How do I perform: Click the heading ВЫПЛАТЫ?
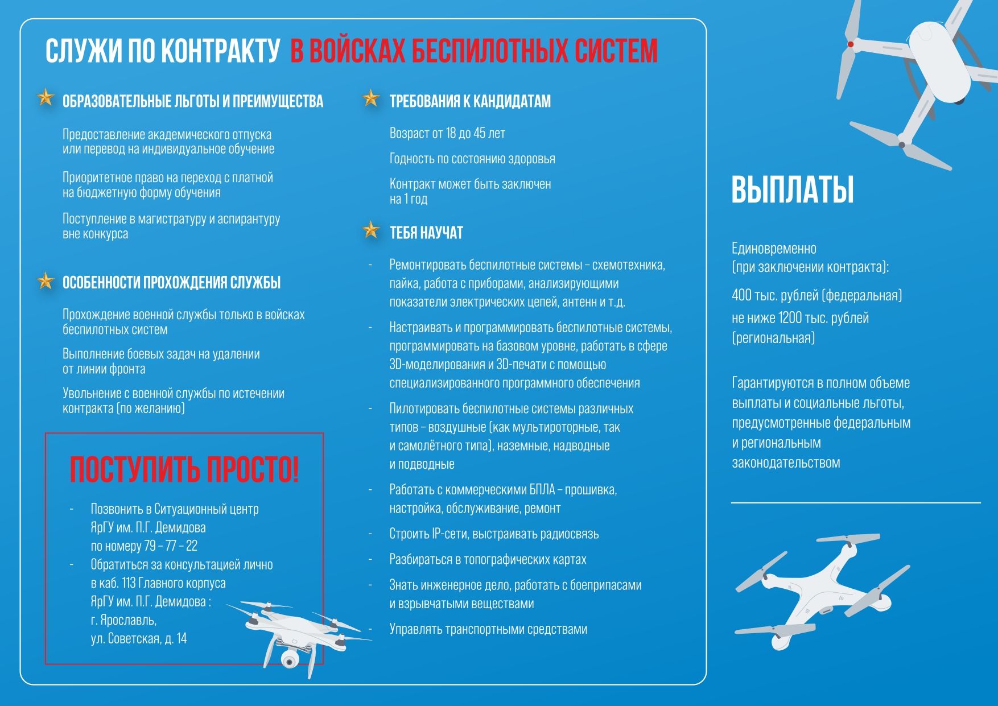click(792, 189)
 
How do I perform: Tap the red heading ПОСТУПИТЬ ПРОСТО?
click(184, 470)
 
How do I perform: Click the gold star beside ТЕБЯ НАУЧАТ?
click(371, 230)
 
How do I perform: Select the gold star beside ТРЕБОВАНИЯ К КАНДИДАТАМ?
click(371, 98)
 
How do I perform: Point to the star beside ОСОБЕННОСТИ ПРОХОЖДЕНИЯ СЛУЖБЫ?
click(45, 280)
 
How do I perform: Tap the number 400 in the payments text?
click(741, 295)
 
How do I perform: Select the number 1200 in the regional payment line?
click(790, 318)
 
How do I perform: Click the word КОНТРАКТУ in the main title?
click(220, 51)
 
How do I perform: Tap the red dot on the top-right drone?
click(851, 44)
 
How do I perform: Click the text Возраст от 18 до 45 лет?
click(447, 134)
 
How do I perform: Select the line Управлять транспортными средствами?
click(488, 629)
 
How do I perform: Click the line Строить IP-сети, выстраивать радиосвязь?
click(493, 534)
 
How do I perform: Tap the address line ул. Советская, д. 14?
click(138, 638)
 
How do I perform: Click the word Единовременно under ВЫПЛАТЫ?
click(774, 249)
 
